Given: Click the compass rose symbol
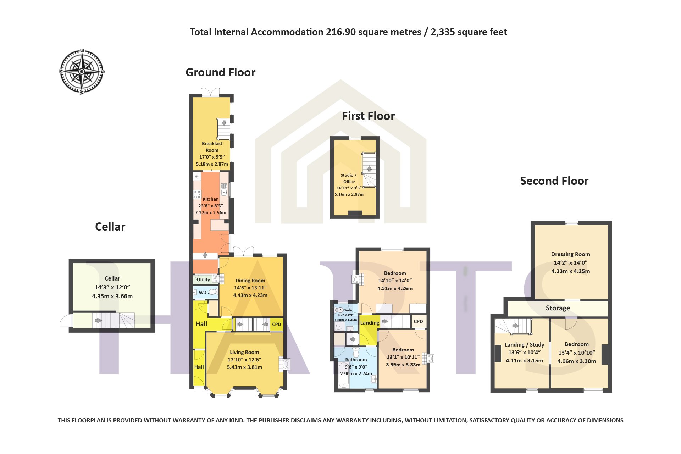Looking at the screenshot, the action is tap(82, 72).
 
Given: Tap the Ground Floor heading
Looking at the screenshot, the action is tap(220, 72).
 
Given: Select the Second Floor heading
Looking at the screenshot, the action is tap(554, 181).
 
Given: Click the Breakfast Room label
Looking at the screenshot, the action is tap(212, 147).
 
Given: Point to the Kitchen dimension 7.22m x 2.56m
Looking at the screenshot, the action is tap(211, 213).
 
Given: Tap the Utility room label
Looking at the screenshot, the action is tap(203, 279).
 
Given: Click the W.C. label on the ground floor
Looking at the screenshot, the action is tap(204, 292).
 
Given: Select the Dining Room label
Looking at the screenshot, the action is tap(250, 281).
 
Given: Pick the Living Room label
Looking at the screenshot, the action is tap(244, 352).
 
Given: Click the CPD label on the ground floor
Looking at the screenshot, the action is tap(277, 324).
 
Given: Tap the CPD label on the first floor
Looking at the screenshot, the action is tap(418, 321).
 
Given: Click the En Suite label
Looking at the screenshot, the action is tap(345, 310).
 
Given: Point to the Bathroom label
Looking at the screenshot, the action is tap(356, 360).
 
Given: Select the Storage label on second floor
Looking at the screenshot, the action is tap(558, 308).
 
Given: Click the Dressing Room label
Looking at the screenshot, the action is tap(571, 254).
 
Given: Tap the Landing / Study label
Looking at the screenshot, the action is tap(525, 344).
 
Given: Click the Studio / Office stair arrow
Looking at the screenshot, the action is tap(369, 168).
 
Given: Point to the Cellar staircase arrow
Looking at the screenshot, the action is tap(98, 321).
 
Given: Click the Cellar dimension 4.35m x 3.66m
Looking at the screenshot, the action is tap(112, 296).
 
